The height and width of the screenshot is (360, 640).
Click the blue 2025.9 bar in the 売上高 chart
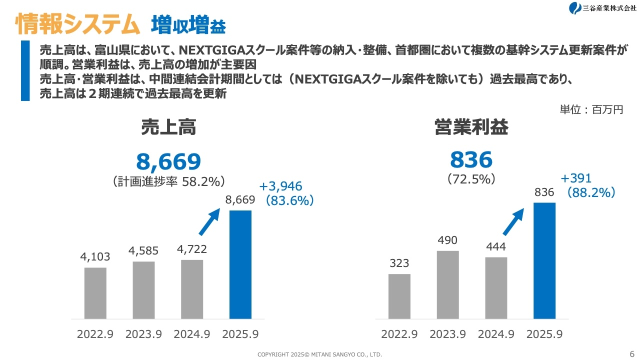pos(240,264)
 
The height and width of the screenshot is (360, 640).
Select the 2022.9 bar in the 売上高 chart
pos(95,293)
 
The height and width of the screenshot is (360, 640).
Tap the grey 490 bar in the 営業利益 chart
pos(447,284)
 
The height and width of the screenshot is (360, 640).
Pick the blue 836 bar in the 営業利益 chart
pos(544,260)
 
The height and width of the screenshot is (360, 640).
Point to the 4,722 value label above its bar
pos(192,249)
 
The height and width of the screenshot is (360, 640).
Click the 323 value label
pos(399,263)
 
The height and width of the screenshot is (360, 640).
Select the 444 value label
pos(495,246)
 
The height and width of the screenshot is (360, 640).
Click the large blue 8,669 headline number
pos(168,161)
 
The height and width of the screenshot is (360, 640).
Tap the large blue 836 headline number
pos(471,159)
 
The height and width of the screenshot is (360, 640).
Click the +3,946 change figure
pos(280,186)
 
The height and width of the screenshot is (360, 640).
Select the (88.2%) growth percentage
pos(590,192)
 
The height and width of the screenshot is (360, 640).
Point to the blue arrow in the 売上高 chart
pos(209,221)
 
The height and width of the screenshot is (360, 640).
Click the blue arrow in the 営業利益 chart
pos(513,221)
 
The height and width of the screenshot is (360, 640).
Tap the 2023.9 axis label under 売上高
pos(143,334)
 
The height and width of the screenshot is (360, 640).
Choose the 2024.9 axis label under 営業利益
pos(495,334)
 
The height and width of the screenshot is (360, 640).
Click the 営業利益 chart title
pos(471,128)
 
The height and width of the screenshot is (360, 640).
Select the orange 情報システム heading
pos(77,24)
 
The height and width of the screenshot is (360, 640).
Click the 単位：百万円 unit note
pos(591,109)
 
